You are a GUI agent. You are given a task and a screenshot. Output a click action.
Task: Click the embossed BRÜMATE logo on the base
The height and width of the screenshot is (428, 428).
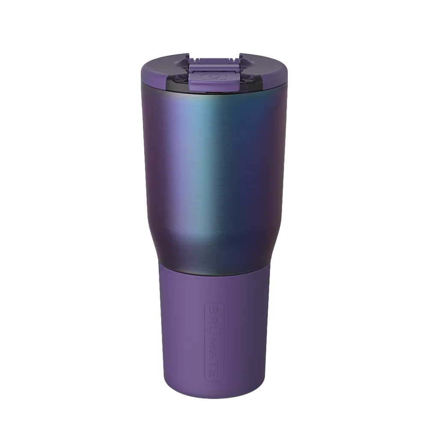(x=214, y=342)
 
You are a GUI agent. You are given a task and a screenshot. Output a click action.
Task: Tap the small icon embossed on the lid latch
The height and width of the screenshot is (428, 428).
(x=213, y=77)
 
